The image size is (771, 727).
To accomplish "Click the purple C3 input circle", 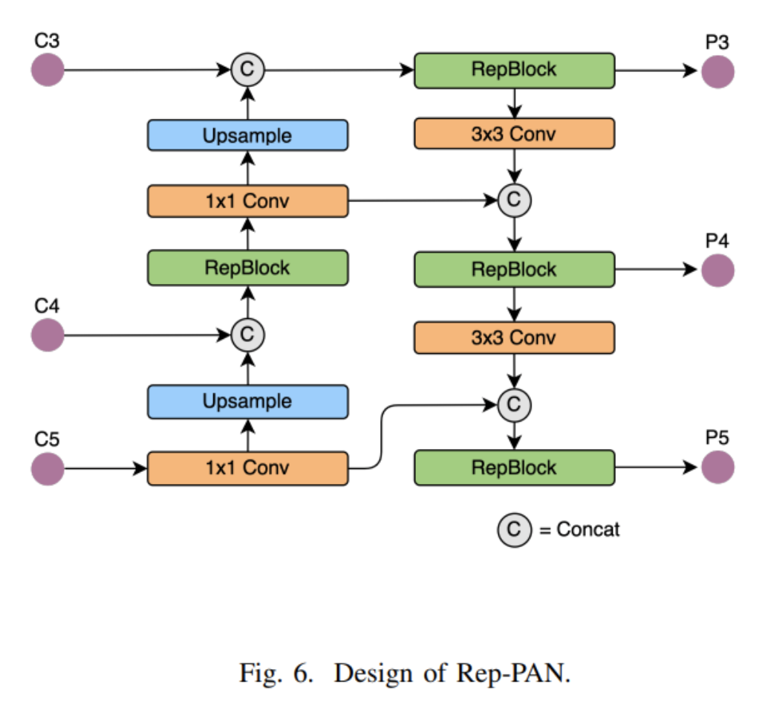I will pyautogui.click(x=48, y=71).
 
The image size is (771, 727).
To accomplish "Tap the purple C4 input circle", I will pyautogui.click(x=48, y=335).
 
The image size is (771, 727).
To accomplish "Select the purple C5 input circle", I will pyautogui.click(x=48, y=468).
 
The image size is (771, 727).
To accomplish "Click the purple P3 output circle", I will pyautogui.click(x=718, y=71).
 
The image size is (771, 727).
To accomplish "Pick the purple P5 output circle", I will pyautogui.click(x=718, y=468).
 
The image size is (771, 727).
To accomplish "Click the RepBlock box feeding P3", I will pyautogui.click(x=514, y=70).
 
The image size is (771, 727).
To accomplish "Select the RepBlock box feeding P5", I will pyautogui.click(x=514, y=468).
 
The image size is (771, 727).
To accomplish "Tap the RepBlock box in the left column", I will pyautogui.click(x=247, y=268).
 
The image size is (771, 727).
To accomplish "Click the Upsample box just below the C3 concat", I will pyautogui.click(x=247, y=135).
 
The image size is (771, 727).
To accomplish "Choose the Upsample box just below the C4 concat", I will pyautogui.click(x=247, y=401).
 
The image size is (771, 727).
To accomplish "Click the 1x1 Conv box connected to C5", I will pyautogui.click(x=247, y=468).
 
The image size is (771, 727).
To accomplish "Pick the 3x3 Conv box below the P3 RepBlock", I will pyautogui.click(x=514, y=135).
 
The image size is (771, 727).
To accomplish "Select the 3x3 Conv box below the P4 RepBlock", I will pyautogui.click(x=514, y=337).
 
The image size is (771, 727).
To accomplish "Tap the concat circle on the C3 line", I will pyautogui.click(x=248, y=70).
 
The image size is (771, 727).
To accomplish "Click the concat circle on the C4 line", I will pyautogui.click(x=248, y=335).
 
